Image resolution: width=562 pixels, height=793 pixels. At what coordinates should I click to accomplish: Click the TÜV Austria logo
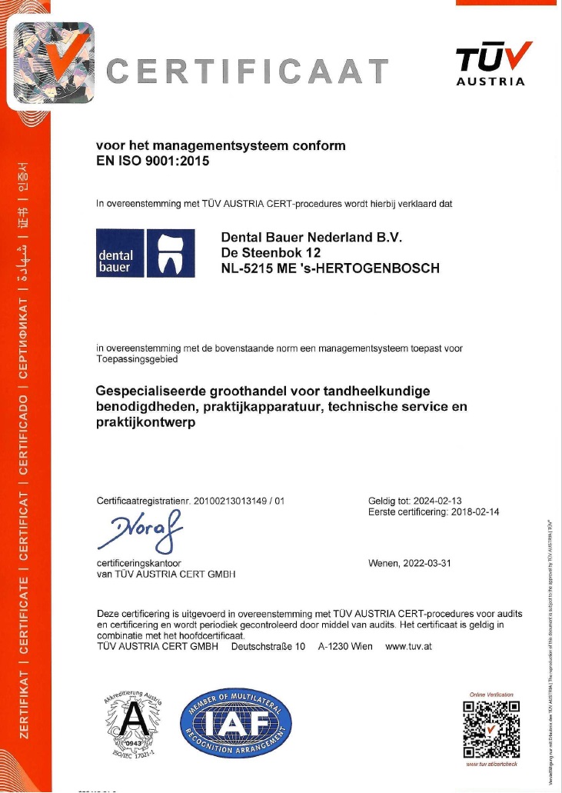tap(493, 63)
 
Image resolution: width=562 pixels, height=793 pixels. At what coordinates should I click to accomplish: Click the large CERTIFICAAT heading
tap(248, 72)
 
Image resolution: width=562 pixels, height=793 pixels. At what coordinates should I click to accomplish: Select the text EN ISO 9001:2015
tap(152, 161)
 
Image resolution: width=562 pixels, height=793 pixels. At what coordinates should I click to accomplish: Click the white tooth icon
tap(170, 254)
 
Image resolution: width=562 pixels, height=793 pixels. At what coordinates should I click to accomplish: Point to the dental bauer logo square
tap(119, 253)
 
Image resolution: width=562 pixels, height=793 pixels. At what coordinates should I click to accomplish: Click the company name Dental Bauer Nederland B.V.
tap(311, 236)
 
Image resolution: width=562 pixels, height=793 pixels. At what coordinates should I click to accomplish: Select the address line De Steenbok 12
tap(271, 252)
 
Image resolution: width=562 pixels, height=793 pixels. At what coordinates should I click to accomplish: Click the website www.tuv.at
tap(408, 646)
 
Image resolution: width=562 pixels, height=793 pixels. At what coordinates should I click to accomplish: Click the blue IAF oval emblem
tap(236, 723)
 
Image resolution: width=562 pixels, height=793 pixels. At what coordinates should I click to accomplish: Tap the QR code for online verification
tap(491, 729)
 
